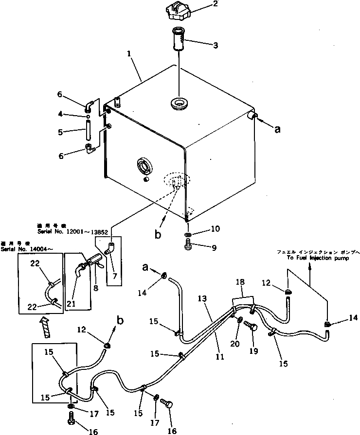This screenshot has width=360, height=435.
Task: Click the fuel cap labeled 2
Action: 178,12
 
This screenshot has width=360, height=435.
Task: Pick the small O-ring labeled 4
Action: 88,117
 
